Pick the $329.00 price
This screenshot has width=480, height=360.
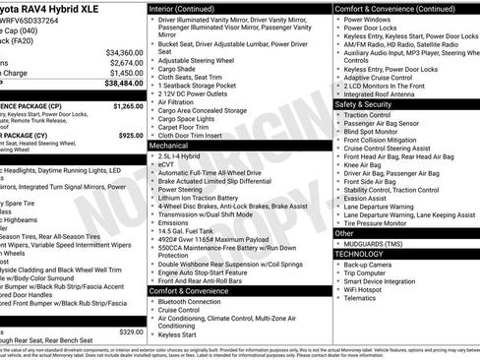pos(130,331)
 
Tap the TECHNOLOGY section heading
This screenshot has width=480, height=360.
pos(359,254)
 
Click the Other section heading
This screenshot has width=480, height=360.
pos(343,233)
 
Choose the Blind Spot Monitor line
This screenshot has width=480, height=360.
pos(373,131)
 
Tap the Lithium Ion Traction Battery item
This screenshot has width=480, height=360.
pos(205,199)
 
